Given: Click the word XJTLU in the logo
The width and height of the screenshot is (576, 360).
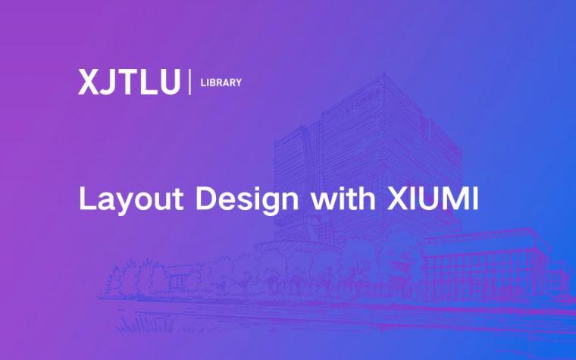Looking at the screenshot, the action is click(130, 82).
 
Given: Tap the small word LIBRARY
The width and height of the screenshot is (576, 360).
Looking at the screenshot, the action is click(221, 83).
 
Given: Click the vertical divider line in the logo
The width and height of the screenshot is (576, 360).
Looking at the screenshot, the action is click(190, 82).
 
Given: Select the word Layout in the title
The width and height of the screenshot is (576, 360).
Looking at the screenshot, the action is click(131, 199).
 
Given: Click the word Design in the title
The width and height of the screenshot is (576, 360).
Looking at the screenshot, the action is click(247, 199).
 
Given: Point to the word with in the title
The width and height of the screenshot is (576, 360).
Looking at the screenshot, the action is click(343, 198).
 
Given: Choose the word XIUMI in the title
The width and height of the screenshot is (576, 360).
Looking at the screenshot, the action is click(433, 199).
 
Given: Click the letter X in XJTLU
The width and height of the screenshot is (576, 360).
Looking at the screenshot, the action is click(88, 82).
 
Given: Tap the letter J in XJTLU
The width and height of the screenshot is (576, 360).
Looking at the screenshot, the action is click(108, 83).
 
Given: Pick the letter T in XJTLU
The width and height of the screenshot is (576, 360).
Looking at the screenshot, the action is click(126, 82).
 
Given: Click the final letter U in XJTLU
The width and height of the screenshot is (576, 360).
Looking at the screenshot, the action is click(169, 83).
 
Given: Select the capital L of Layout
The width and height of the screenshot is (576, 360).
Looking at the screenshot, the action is click(87, 199).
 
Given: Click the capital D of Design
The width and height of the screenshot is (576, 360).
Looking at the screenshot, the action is click(206, 199).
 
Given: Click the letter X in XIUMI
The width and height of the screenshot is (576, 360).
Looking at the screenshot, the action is click(397, 199).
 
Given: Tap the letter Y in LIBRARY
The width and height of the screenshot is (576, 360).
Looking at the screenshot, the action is click(238, 83).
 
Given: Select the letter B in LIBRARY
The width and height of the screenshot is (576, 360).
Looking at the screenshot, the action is click(211, 83).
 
